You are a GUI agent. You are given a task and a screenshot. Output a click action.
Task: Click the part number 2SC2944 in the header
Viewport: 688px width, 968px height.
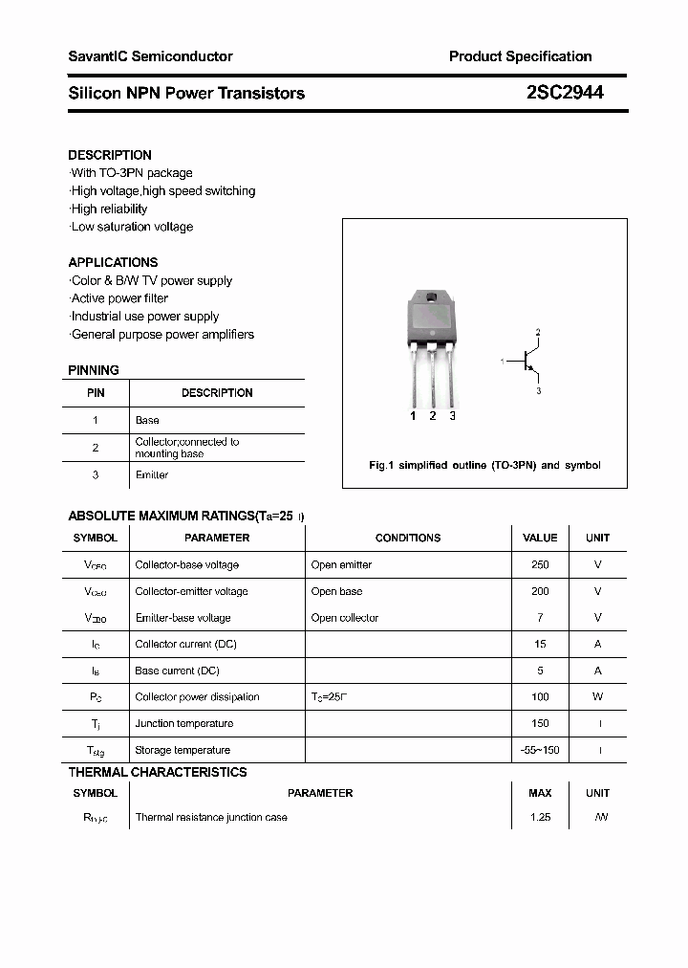(x=565, y=93)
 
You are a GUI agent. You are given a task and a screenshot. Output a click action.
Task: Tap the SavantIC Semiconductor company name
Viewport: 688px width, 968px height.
(x=150, y=56)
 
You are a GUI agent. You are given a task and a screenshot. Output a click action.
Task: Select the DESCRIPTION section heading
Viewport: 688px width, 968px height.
(x=110, y=155)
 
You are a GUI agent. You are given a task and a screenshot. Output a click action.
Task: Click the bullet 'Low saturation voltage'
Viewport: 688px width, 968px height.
(x=132, y=227)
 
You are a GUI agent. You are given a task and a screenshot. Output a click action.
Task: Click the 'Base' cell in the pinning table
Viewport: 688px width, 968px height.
(x=147, y=420)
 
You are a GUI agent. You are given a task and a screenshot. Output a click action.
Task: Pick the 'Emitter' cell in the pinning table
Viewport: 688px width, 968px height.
(x=152, y=474)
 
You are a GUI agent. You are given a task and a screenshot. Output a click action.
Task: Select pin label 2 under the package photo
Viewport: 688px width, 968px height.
(x=433, y=415)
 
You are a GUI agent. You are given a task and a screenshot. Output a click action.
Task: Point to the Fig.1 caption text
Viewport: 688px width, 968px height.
(x=484, y=465)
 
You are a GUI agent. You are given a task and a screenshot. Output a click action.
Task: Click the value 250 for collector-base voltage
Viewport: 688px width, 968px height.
(x=540, y=564)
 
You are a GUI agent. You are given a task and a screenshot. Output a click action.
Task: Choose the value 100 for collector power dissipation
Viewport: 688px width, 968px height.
(x=540, y=696)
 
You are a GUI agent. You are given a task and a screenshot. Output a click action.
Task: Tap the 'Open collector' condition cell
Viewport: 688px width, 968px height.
(x=345, y=618)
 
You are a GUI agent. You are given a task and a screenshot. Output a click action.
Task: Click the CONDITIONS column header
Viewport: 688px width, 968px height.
(x=408, y=538)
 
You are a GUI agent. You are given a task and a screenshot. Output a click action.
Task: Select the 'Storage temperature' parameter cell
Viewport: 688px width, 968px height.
(x=183, y=750)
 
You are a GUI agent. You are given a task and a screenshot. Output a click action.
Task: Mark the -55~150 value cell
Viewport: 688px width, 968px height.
(x=540, y=750)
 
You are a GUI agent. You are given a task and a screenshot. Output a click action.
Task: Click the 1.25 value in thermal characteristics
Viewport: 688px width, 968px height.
(x=540, y=818)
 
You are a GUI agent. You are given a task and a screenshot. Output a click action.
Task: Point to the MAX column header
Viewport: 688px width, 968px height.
(x=540, y=793)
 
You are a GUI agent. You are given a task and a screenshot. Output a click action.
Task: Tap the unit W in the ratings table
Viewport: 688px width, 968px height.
(x=598, y=696)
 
